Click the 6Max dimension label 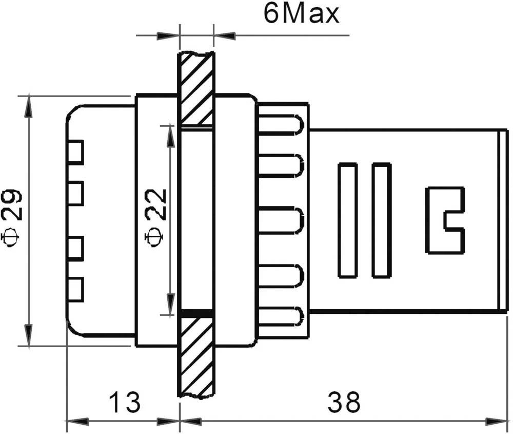coord(301,14)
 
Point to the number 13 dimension coord(124,403)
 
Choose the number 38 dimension coord(344,403)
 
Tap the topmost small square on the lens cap coord(76,153)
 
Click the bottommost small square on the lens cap coord(76,289)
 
